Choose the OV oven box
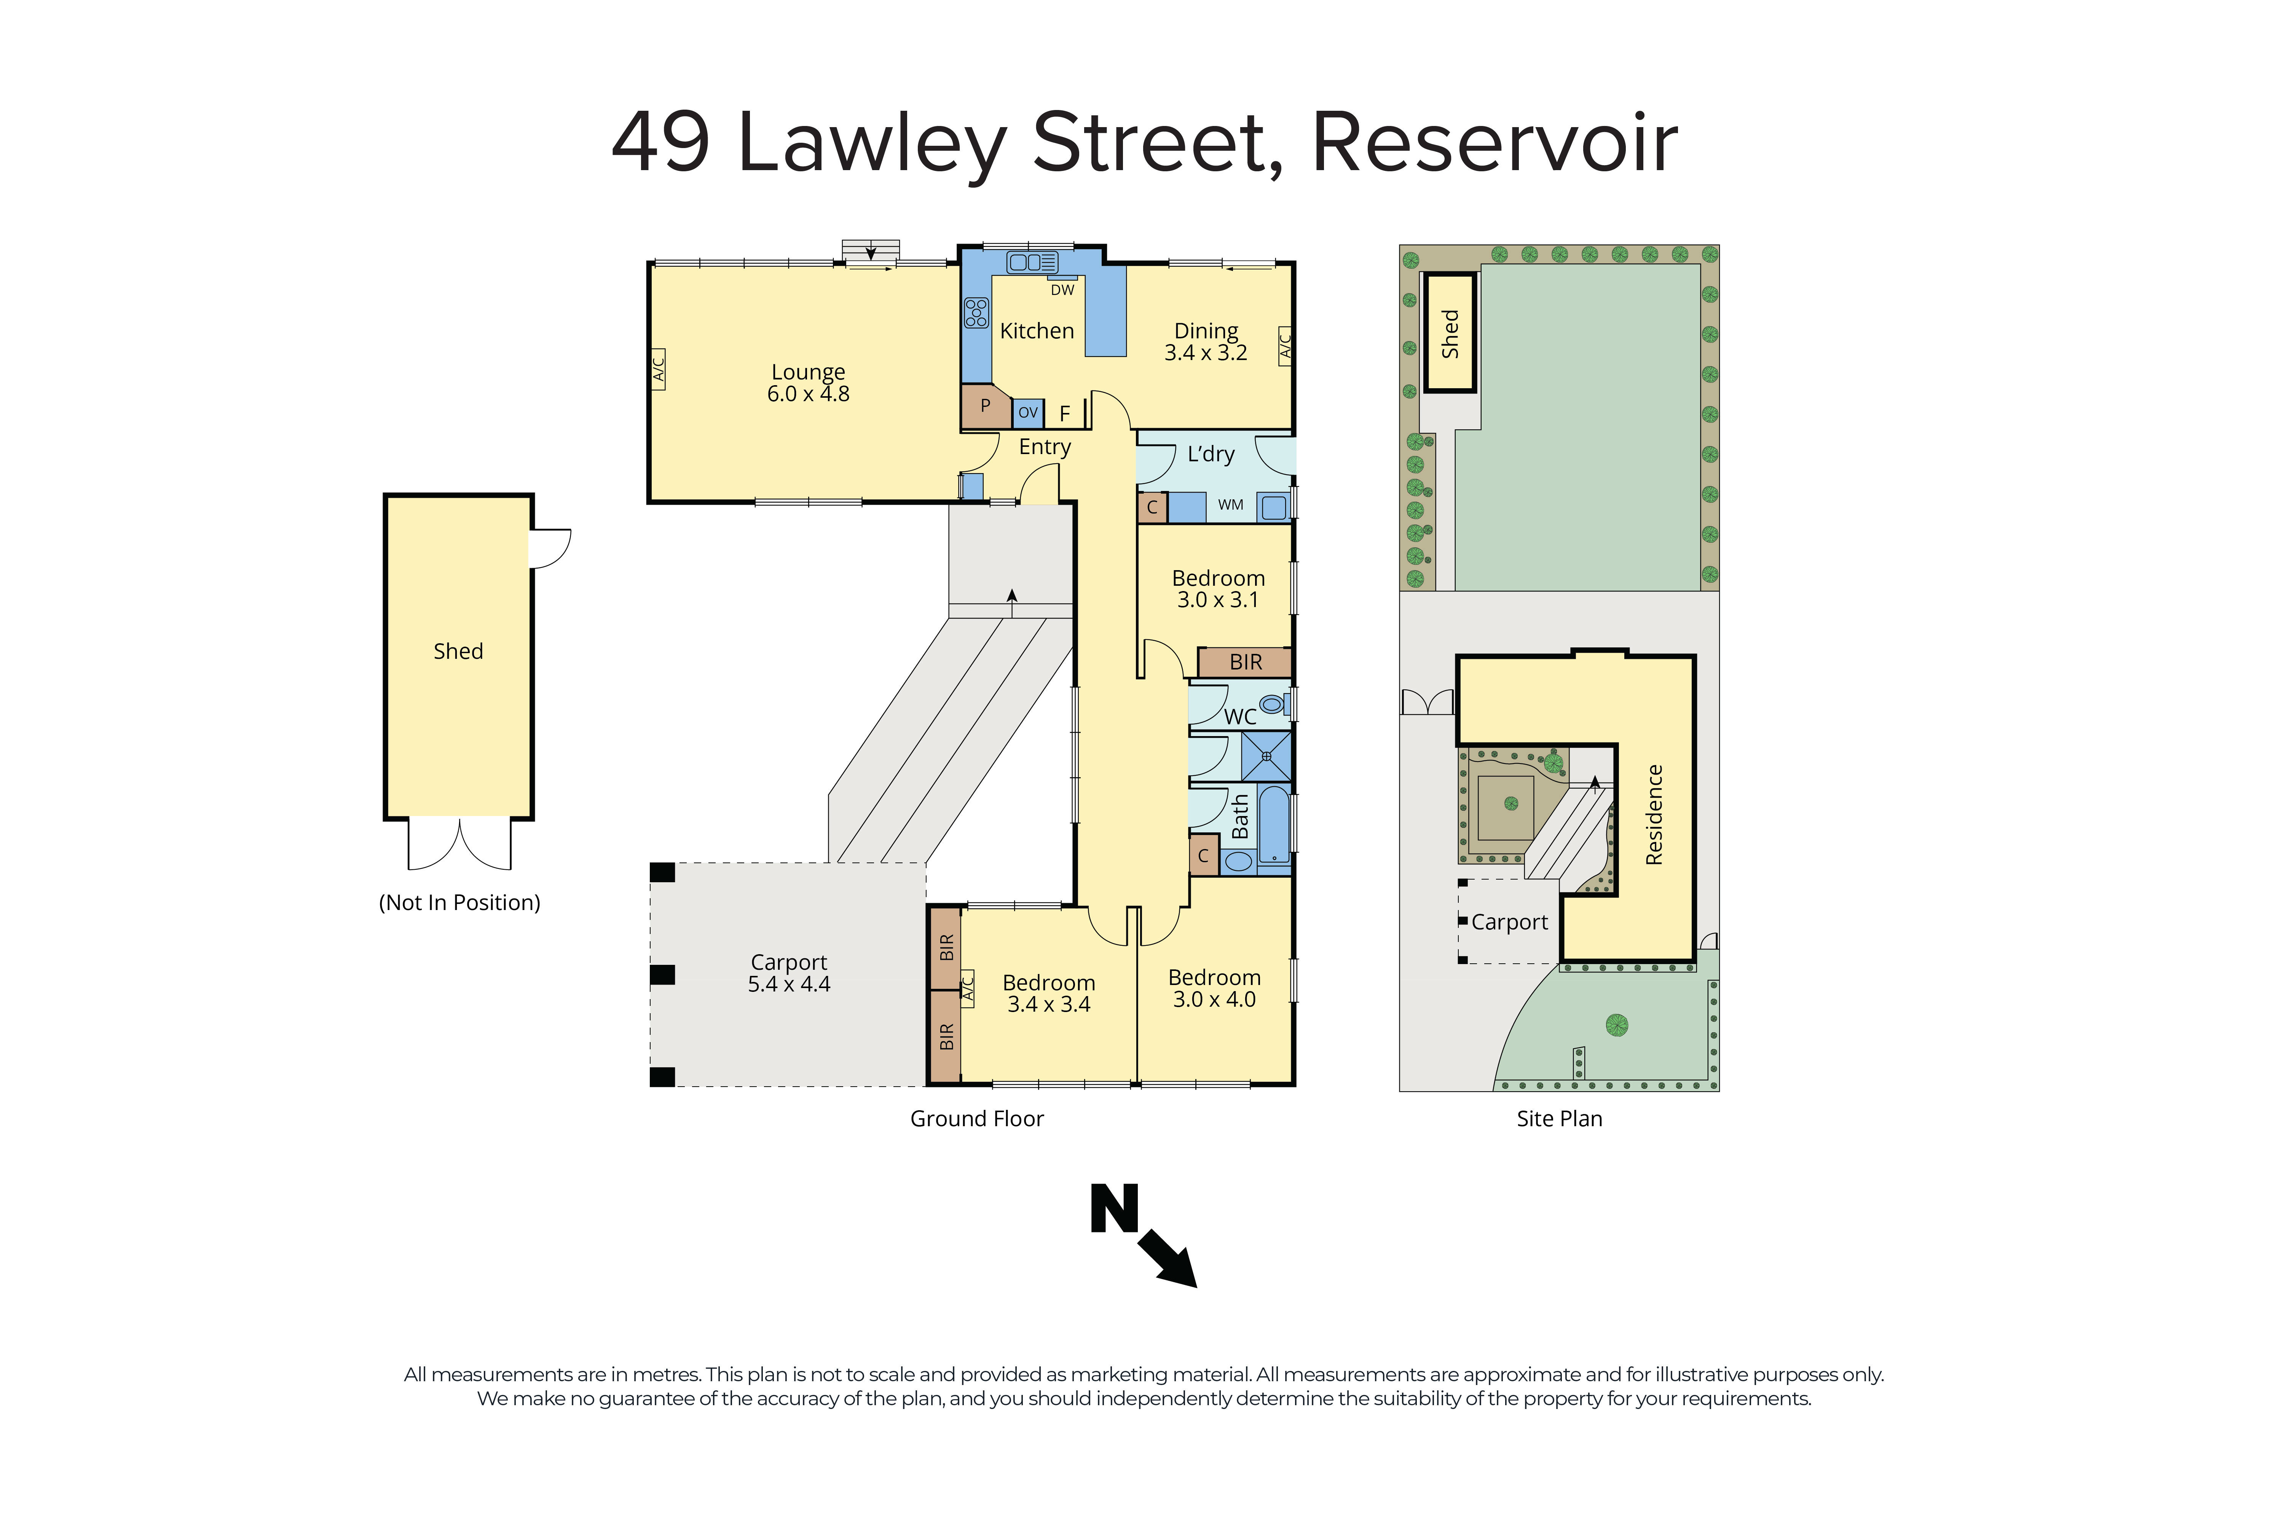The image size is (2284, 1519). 1028,413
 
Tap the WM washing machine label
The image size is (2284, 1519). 1230,505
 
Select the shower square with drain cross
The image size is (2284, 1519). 1266,756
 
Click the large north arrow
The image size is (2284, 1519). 1167,1259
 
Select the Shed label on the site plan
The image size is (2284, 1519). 1449,333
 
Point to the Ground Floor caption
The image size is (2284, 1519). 976,1119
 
